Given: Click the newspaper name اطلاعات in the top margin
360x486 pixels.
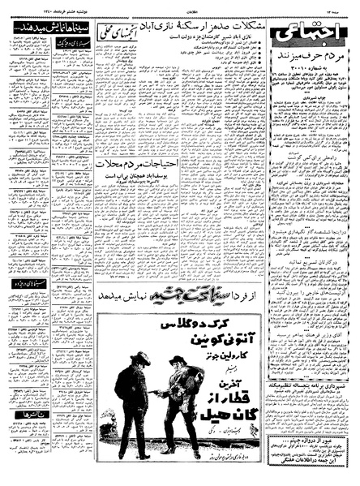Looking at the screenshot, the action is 180,5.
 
